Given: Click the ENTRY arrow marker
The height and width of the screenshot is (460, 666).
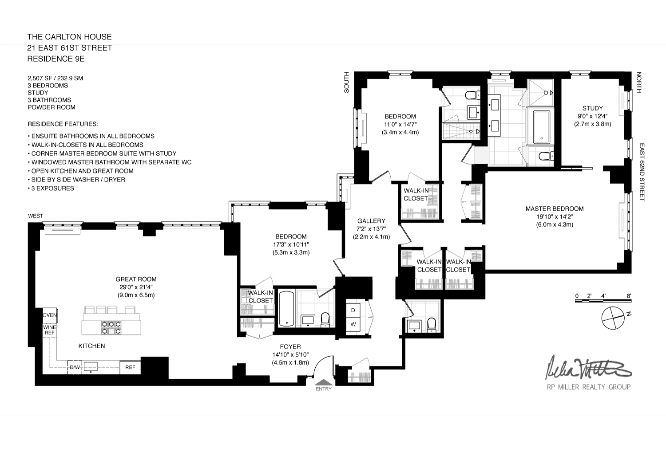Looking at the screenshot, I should tap(323, 382).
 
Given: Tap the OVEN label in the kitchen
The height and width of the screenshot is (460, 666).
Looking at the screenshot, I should tap(50, 315).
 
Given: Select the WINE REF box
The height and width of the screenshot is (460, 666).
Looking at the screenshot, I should tap(49, 330).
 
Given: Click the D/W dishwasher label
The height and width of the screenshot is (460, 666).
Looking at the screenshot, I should tap(74, 367).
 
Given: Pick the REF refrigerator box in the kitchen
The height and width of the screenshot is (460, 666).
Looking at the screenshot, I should tap(130, 367).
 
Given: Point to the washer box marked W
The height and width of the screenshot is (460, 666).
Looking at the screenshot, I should tap(353, 324).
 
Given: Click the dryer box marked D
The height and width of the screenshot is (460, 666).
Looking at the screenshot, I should tap(353, 310).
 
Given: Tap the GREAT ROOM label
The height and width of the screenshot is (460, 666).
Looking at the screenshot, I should tap(136, 279).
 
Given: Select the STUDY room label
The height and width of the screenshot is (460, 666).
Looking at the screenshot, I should tap(592, 108).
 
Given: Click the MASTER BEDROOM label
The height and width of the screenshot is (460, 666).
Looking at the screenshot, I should tap(554, 208).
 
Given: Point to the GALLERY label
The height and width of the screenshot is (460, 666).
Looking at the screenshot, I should tap(371, 221).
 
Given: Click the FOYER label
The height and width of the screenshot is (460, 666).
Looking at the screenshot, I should tap(290, 346).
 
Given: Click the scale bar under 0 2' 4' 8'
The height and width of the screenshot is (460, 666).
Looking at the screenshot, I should tap(603, 301).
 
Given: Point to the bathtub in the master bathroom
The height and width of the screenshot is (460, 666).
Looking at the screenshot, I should tap(541, 127).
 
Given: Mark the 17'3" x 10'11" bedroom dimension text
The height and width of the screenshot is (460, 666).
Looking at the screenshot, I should tap(291, 244).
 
